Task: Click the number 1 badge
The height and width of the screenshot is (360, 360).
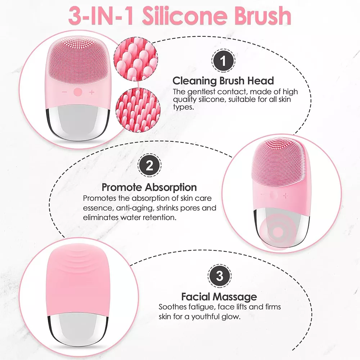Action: [x=223, y=61]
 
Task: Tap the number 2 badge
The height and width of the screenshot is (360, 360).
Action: [x=149, y=165]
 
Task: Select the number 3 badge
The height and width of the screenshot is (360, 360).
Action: [x=220, y=276]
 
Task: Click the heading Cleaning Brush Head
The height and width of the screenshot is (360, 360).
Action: [x=223, y=81]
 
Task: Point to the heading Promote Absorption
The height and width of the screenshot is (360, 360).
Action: [x=149, y=187]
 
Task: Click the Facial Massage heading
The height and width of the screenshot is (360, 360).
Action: [x=219, y=297]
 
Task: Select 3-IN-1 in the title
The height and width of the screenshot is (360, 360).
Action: [x=101, y=16]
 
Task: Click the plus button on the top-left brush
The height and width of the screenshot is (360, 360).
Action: [x=91, y=92]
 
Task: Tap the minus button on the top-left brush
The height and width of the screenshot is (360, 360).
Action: [x=64, y=92]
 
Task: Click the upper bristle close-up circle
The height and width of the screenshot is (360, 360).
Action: [x=136, y=59]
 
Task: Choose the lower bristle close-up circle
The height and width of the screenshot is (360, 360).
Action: [x=138, y=110]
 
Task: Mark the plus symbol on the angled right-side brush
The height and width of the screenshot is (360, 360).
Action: [x=286, y=196]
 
